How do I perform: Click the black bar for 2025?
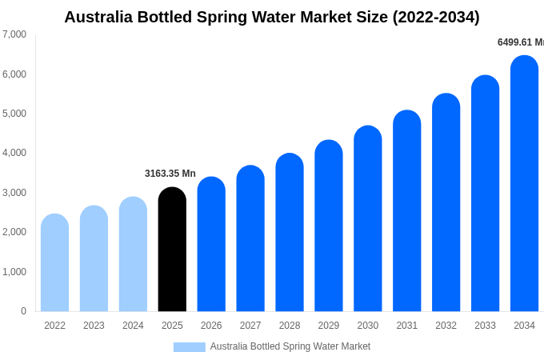pyautogui.click(x=172, y=250)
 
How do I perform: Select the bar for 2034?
pyautogui.click(x=524, y=184)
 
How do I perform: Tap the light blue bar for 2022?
pyautogui.click(x=54, y=263)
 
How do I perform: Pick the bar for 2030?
pyautogui.click(x=368, y=219)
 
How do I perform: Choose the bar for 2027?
pyautogui.click(x=250, y=239)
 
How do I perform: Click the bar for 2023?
pyautogui.click(x=94, y=259)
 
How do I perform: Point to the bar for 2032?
pyautogui.click(x=446, y=203)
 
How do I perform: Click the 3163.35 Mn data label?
pyautogui.click(x=170, y=174)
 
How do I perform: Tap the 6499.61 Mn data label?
pyautogui.click(x=520, y=42)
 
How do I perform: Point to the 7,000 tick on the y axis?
pyautogui.click(x=14, y=34)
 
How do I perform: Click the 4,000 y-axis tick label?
pyautogui.click(x=14, y=153)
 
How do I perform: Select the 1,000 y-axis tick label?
pyautogui.click(x=14, y=272)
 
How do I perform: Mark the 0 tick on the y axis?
pyautogui.click(x=23, y=311)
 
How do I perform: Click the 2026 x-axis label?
pyautogui.click(x=211, y=326)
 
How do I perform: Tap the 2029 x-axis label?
pyautogui.click(x=329, y=326)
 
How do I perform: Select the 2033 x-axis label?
pyautogui.click(x=485, y=326)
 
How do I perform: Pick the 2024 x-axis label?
pyautogui.click(x=133, y=326)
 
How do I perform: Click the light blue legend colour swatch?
pyautogui.click(x=190, y=347)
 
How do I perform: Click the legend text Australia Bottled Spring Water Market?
pyautogui.click(x=290, y=346)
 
